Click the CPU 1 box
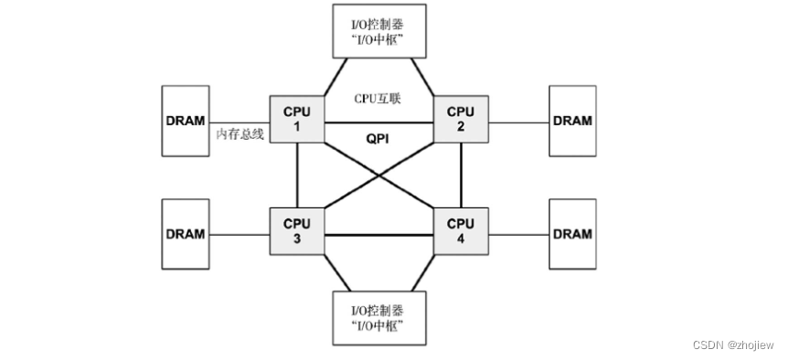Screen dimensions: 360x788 (297, 119)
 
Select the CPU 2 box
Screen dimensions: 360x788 (461, 119)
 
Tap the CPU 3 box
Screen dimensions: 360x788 (297, 230)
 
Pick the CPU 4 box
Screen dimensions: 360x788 (461, 230)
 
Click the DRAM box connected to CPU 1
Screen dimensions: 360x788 (186, 120)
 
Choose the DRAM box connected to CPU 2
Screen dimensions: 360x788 (573, 120)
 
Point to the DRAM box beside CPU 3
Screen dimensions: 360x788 (186, 233)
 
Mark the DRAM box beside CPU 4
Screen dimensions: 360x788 (573, 233)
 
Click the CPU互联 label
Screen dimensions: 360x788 (378, 99)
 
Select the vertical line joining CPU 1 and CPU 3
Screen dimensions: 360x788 (298, 175)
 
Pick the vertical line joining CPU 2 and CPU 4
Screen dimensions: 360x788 (461, 175)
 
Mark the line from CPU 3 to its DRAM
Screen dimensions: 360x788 (240, 234)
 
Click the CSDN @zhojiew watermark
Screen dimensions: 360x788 (733, 345)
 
